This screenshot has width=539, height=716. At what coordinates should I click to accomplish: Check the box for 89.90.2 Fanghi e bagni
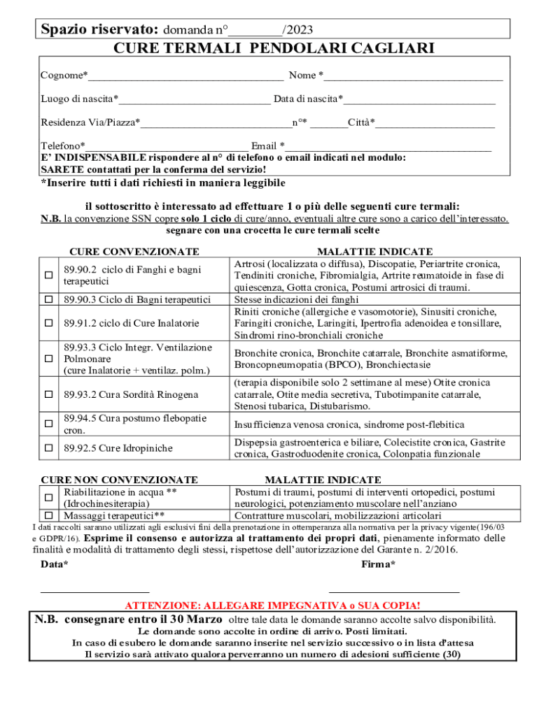coord(49,275)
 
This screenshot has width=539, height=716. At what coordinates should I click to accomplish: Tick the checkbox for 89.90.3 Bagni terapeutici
coord(49,299)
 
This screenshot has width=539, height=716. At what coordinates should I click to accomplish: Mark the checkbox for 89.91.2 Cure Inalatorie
coord(49,323)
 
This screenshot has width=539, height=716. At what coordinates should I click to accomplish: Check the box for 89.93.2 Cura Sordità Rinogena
coord(49,395)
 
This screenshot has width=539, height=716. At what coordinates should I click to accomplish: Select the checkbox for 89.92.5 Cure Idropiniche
coord(49,447)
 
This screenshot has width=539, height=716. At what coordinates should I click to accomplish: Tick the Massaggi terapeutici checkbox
coord(49,515)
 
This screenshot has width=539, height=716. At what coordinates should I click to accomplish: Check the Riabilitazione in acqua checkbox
coord(49,498)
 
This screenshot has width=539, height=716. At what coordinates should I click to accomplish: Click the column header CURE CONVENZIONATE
coord(134,252)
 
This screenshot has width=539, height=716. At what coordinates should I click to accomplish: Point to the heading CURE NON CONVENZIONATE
coord(119,480)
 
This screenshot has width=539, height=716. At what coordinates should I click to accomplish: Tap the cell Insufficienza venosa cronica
coord(349,424)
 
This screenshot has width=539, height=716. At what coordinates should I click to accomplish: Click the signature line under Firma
coord(394,591)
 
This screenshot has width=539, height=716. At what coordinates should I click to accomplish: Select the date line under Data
coord(85,591)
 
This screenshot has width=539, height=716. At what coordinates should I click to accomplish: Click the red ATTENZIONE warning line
coord(272,606)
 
